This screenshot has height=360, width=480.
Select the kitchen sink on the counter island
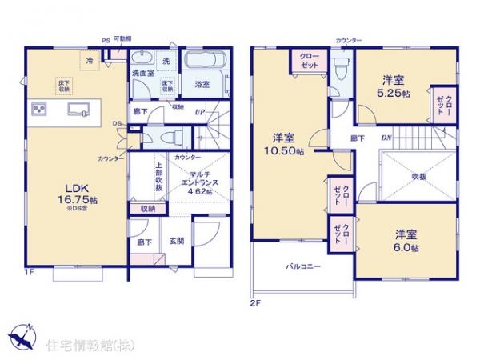(78, 110)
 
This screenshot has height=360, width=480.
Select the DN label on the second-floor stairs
(386, 138)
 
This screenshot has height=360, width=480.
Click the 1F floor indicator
(27, 273)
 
